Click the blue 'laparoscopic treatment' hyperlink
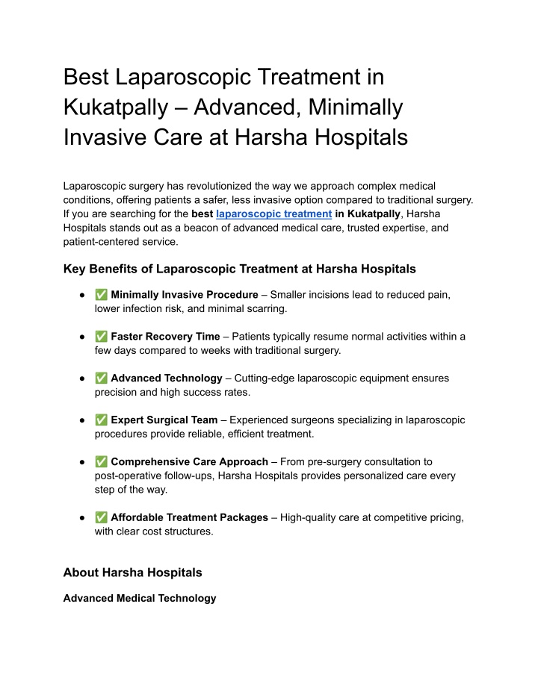click(273, 214)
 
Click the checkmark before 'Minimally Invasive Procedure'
click(101, 295)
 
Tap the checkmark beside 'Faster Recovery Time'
click(101, 337)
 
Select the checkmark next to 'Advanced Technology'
click(101, 378)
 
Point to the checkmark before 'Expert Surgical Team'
click(101, 420)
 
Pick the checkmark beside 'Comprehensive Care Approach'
click(101, 462)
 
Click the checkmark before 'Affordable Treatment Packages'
click(101, 517)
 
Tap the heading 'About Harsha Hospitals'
click(132, 573)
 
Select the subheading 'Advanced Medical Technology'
click(140, 598)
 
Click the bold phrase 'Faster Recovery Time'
click(165, 337)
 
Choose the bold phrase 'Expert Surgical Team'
click(164, 420)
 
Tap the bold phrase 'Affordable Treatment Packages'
click(189, 517)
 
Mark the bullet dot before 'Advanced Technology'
click(80, 378)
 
